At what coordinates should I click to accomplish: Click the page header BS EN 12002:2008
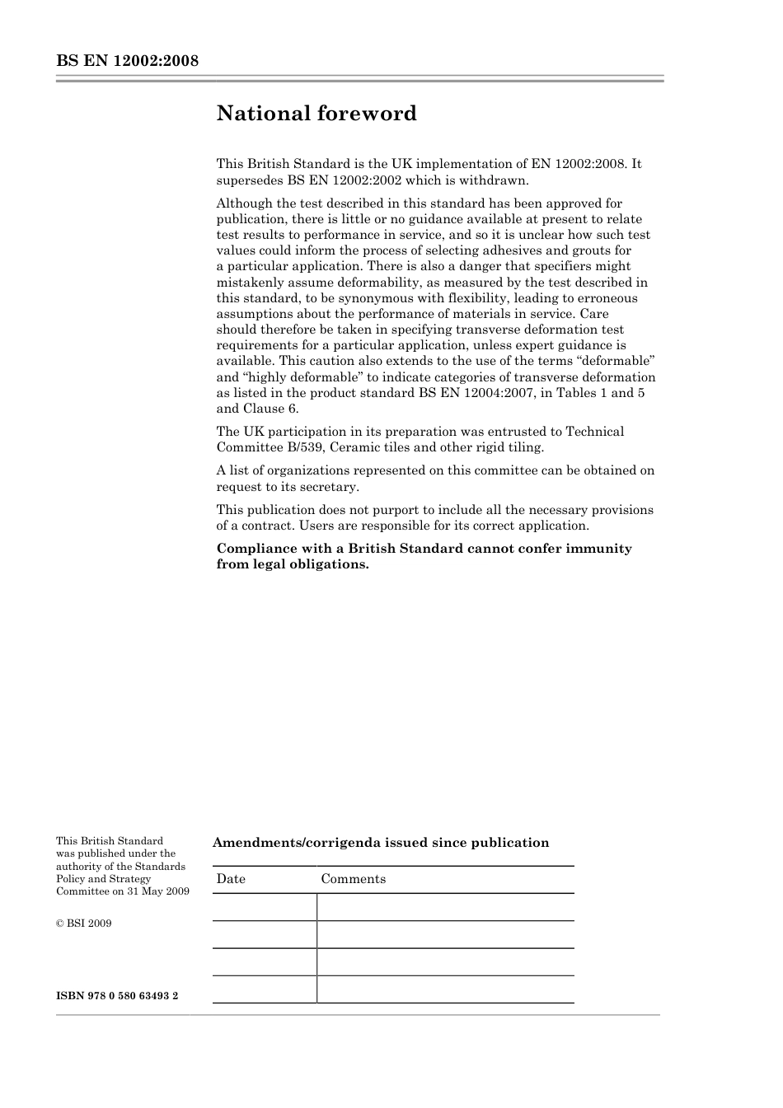coord(127,61)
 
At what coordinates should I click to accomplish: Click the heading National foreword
coord(316,114)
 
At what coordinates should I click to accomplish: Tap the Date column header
coord(231,879)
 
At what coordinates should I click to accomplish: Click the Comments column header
coord(353,879)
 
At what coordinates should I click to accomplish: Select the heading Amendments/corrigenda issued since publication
coord(380,843)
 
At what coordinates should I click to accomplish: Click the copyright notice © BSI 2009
coord(83,923)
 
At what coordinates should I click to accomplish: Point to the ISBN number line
coord(117,996)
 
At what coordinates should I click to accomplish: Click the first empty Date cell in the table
coord(265,908)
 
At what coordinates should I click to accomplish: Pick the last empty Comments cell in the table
coord(445,989)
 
